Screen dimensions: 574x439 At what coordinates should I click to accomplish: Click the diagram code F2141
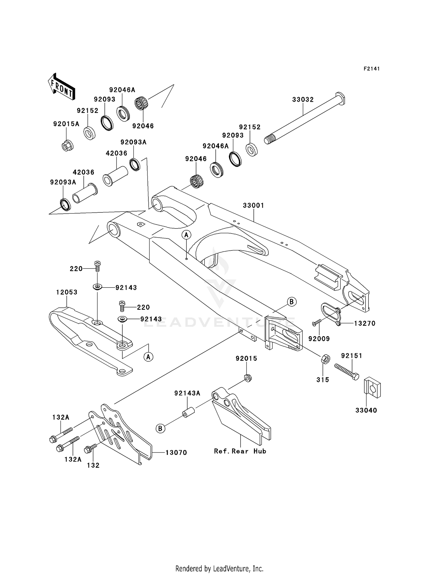[x=371, y=69]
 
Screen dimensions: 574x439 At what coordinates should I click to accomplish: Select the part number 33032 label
[x=303, y=99]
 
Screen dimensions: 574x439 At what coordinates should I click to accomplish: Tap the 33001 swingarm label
[x=253, y=205]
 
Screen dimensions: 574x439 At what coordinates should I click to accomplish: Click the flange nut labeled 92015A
[x=68, y=145]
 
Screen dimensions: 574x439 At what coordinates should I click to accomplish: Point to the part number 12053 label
[x=67, y=292]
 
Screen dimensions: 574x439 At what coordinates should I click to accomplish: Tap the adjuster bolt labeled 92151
[x=347, y=372]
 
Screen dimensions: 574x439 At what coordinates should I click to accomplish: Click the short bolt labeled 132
[x=90, y=449]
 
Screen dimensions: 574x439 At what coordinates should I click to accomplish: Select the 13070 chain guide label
[x=176, y=453]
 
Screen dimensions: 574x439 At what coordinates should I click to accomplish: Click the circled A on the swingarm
[x=186, y=234]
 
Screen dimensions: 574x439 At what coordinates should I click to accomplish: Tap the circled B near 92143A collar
[x=160, y=429]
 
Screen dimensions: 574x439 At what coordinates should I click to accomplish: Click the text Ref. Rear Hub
[x=240, y=451]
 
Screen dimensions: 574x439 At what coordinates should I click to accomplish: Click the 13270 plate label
[x=365, y=323]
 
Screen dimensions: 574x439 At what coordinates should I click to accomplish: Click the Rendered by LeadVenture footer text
[x=219, y=568]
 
